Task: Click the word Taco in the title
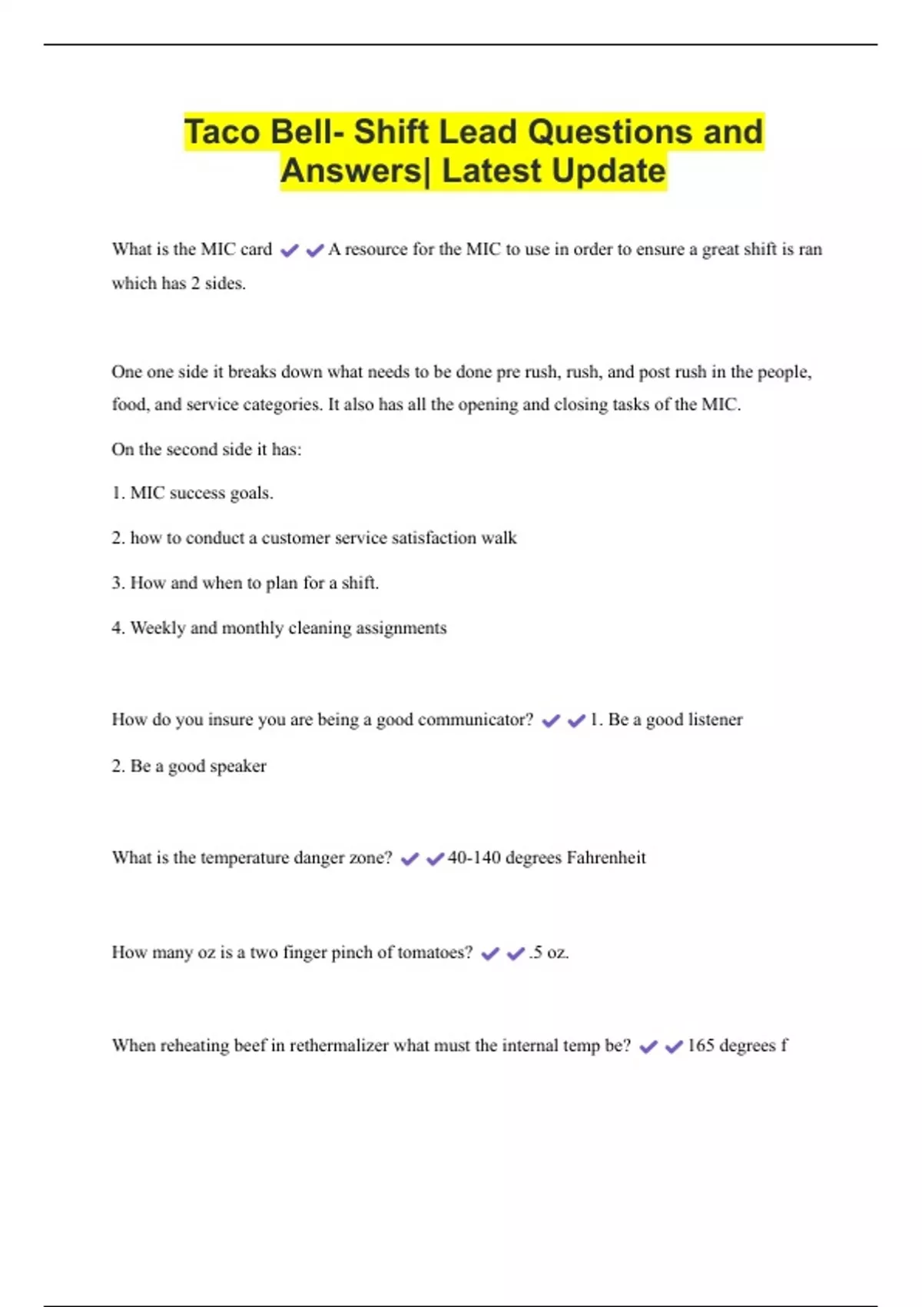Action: [222, 131]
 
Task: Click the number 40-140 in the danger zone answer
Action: [474, 857]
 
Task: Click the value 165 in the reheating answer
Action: [700, 1045]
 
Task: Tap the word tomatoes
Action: [434, 952]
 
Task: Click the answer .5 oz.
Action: [549, 952]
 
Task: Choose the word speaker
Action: [238, 766]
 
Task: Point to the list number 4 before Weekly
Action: [117, 627]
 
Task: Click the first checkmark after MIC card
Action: [289, 250]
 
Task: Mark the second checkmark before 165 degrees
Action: [674, 1046]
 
